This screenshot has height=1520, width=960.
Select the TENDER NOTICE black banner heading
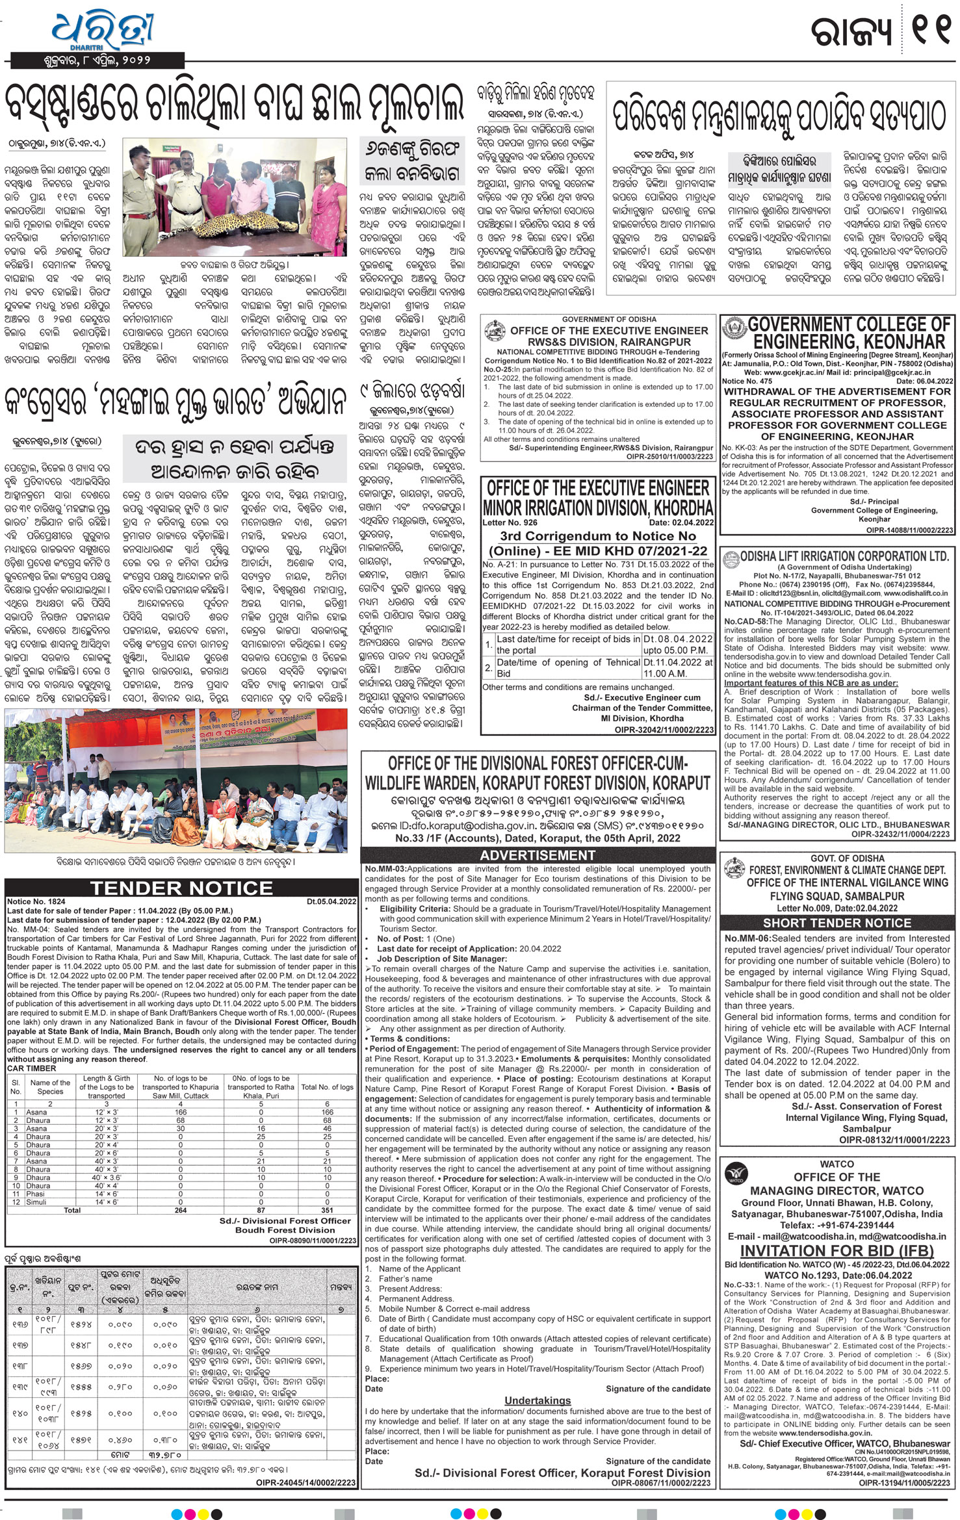(181, 888)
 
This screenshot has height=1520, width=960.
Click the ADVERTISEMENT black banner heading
(538, 855)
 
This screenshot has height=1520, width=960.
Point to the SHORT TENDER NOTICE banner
(837, 923)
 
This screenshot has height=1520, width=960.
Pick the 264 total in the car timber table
(181, 1210)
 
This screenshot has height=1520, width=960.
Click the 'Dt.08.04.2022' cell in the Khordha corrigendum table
(678, 639)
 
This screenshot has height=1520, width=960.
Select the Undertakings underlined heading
(538, 1400)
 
